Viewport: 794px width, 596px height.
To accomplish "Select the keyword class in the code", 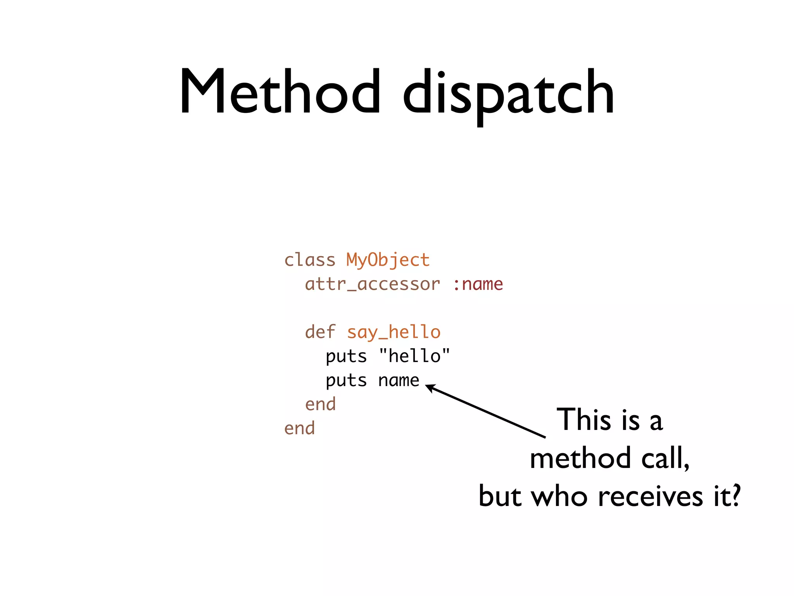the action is tap(309, 260).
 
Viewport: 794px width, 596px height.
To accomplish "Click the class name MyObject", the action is tap(388, 260).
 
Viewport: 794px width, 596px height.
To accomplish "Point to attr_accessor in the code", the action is tap(373, 284).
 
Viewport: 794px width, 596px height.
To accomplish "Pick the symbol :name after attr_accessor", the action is tap(478, 284).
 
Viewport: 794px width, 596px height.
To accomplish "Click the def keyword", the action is tap(320, 332).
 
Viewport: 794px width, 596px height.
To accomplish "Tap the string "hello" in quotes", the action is tap(414, 356).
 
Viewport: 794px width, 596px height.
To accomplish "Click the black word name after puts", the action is tap(399, 380).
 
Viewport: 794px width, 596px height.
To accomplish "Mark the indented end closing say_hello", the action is tap(320, 404).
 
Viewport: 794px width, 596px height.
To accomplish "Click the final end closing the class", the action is tap(299, 428).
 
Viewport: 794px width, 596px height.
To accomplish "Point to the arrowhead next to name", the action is tap(429, 387).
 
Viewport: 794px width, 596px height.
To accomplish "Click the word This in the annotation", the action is tap(583, 420).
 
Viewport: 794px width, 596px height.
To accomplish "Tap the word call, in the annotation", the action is tap(665, 458).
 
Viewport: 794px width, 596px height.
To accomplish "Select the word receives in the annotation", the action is tap(650, 496).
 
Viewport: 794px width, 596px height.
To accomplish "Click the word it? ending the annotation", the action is tap(727, 496).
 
